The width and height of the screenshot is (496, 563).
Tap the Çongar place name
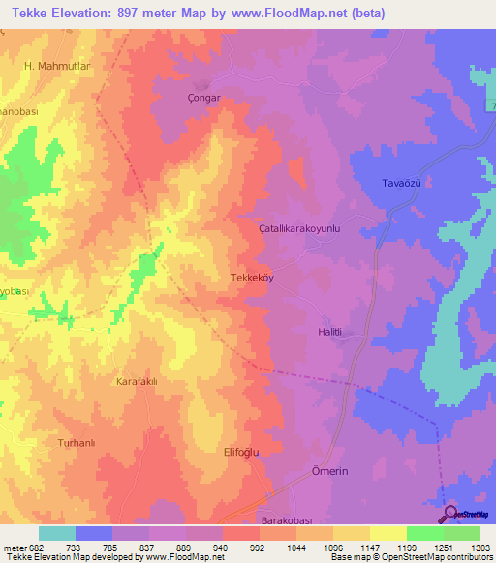201,98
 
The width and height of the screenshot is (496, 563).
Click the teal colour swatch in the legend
57,533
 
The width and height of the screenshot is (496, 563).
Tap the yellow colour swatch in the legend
387,533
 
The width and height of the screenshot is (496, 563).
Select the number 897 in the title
128,14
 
